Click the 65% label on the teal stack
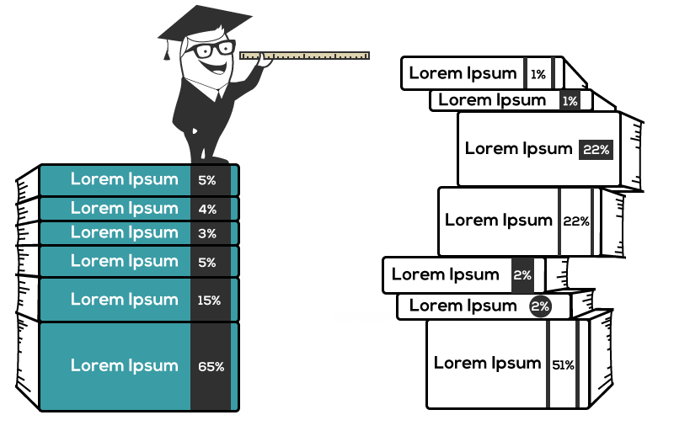(211, 366)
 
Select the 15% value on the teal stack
(209, 300)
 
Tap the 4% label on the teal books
(207, 209)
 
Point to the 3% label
(207, 233)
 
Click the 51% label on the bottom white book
(563, 365)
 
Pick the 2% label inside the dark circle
(540, 307)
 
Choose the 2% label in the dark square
(522, 275)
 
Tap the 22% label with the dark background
(596, 150)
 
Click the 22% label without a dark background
(575, 221)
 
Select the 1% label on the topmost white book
(538, 75)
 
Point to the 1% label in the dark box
(570, 101)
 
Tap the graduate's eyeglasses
(211, 49)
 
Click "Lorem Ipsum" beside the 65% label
(125, 365)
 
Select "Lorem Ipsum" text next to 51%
(487, 363)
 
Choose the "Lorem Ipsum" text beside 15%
(125, 299)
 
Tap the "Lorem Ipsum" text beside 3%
(125, 232)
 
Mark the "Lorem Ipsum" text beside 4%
(125, 208)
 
